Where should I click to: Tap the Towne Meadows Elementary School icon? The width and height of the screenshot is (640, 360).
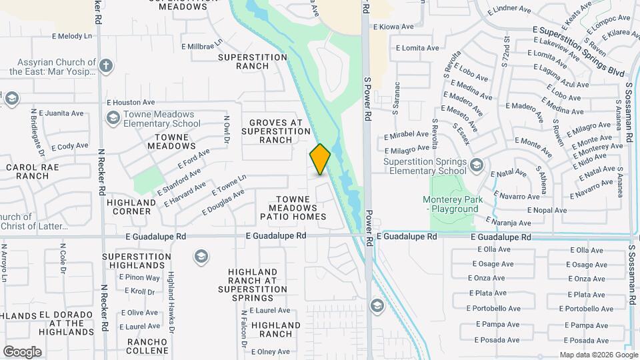(x=113, y=118)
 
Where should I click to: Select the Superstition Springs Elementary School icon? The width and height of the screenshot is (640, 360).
(x=476, y=165)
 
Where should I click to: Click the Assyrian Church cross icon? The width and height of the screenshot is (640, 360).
(x=106, y=66)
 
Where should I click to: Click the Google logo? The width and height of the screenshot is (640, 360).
(x=22, y=352)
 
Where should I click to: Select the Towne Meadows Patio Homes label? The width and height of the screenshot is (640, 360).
(x=301, y=208)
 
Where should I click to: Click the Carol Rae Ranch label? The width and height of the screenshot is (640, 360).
(x=28, y=171)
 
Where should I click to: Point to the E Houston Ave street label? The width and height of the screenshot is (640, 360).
(x=131, y=103)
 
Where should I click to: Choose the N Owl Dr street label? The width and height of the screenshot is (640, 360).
(x=227, y=129)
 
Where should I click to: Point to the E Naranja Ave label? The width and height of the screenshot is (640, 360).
(x=509, y=223)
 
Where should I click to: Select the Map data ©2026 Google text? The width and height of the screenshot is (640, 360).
(x=598, y=355)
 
